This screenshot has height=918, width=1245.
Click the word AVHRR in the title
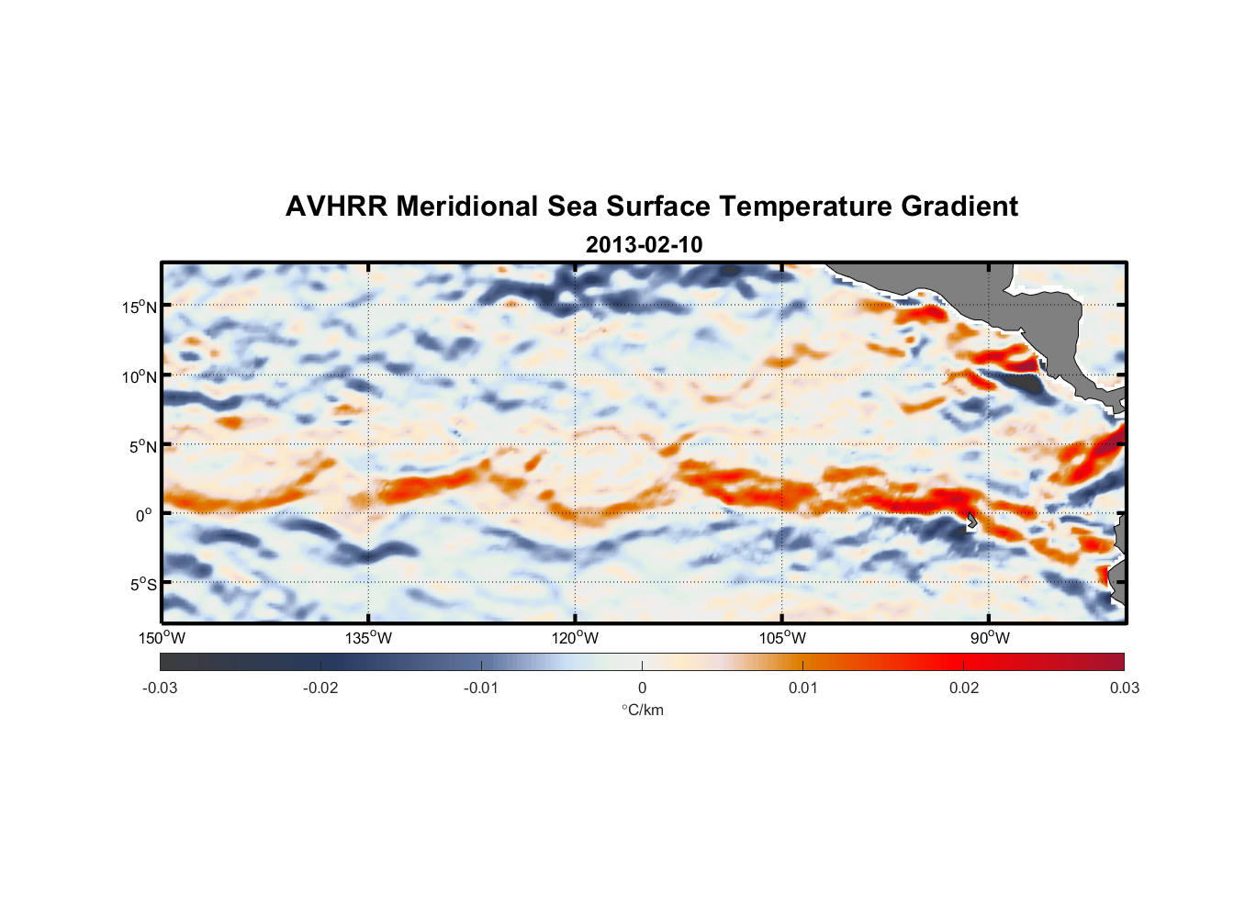point(336,207)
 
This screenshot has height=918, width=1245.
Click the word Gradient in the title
point(959,207)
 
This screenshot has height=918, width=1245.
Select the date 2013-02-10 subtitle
point(644,245)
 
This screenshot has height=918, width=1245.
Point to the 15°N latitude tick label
point(140,307)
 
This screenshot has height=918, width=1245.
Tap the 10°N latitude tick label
point(140,376)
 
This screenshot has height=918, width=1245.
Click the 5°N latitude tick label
point(142,446)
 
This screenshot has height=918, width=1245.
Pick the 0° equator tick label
point(144,515)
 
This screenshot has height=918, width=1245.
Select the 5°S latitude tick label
point(142,584)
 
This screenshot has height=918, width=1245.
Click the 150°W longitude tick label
point(162,638)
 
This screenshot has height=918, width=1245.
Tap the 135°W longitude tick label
point(368,638)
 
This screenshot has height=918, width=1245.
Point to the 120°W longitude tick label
point(575,638)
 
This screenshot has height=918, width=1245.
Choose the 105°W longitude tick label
point(782,638)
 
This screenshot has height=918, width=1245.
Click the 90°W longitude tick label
point(990,638)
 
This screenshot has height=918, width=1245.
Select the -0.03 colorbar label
point(160,688)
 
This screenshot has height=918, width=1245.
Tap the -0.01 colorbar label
point(481,688)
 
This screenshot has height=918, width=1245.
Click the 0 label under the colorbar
point(642,688)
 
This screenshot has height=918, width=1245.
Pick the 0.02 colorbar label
point(964,688)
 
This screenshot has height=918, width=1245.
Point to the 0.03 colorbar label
point(1124,688)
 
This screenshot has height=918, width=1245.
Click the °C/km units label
point(642,710)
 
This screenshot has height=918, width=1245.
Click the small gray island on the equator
point(971,521)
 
